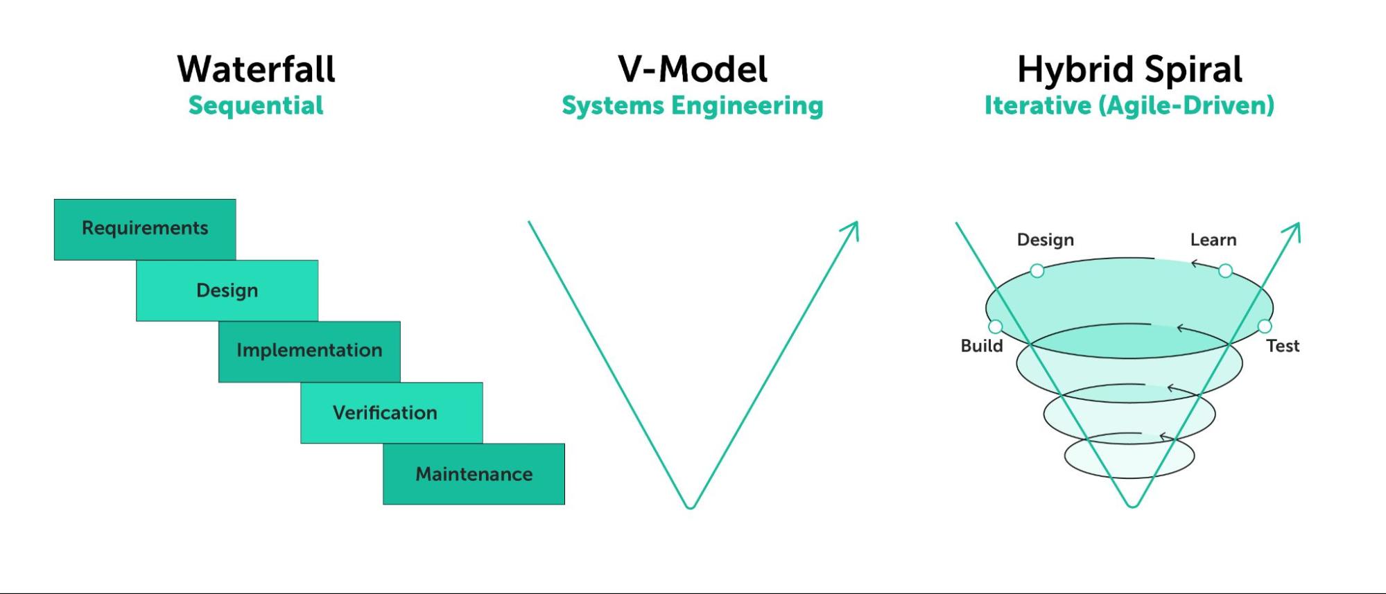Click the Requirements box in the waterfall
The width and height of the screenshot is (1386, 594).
point(145,229)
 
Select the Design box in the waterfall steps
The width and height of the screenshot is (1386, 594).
point(227,290)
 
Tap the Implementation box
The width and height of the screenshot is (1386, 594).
point(309,351)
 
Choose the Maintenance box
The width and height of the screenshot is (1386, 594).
point(474,474)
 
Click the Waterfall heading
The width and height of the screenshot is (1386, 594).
point(256,69)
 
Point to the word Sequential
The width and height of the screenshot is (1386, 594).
point(256,106)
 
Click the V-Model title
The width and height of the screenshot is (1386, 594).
point(692,69)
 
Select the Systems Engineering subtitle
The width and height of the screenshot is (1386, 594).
point(692,106)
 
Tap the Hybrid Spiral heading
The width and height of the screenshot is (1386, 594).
point(1129,69)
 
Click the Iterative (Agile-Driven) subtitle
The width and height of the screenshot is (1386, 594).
point(1129,106)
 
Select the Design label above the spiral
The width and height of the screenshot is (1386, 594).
point(1045,240)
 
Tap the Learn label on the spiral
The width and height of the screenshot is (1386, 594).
point(1213,240)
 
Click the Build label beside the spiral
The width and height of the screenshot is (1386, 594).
point(981,346)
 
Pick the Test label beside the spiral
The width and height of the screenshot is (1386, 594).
point(1282,346)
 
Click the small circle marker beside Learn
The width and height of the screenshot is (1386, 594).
point(1225,271)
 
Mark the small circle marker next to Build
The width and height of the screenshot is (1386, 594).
point(996,326)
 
